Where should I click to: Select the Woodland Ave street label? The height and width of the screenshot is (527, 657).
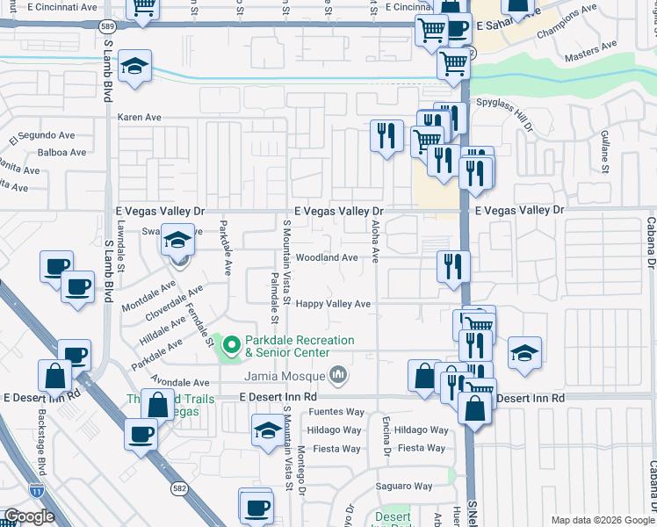click(326, 258)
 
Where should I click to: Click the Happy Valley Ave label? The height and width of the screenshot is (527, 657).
click(333, 304)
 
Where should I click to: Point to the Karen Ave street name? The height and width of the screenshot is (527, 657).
click(140, 117)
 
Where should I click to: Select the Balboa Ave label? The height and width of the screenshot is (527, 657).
click(61, 152)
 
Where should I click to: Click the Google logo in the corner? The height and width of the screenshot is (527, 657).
click(29, 516)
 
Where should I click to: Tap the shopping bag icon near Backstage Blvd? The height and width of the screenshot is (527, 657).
click(54, 375)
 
